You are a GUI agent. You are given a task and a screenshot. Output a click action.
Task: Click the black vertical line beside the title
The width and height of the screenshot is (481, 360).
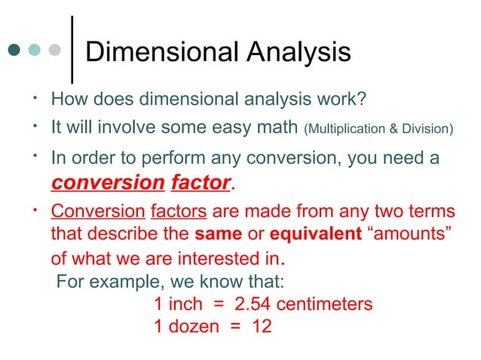point(72,50)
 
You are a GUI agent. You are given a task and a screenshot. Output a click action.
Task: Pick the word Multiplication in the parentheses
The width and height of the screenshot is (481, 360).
point(347,129)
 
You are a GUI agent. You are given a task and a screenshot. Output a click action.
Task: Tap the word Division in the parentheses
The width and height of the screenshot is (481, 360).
point(426,129)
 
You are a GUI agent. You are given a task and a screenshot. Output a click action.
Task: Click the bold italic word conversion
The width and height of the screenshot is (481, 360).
point(107,182)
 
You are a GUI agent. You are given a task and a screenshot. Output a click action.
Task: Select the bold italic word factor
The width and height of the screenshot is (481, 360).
point(201,182)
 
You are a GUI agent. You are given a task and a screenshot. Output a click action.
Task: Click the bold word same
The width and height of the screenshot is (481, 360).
point(222,233)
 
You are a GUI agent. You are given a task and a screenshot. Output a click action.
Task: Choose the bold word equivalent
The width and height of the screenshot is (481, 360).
point(316,233)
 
